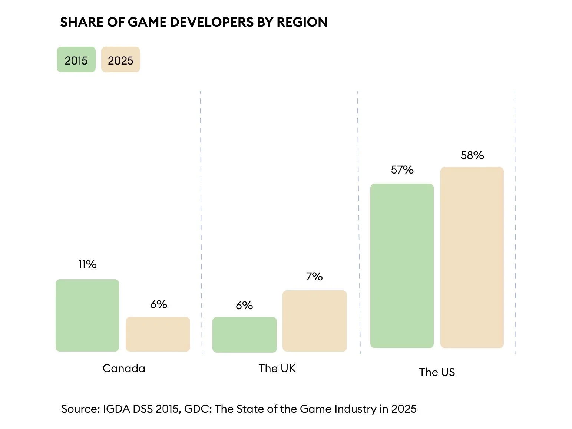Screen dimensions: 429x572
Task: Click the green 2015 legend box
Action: point(76,60)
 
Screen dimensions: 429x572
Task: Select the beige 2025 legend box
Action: point(120,60)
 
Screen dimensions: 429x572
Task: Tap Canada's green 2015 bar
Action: point(87,315)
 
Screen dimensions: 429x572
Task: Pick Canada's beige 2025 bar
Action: point(158,334)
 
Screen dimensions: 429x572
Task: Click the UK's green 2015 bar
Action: point(245,334)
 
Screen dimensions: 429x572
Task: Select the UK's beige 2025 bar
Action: point(315,321)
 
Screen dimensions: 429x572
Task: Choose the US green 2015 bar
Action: point(402,265)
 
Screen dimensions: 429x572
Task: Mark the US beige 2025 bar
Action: point(472,257)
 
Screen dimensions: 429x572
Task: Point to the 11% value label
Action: point(87,264)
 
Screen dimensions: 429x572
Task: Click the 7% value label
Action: point(314,277)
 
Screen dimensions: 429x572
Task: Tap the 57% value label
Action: point(402,170)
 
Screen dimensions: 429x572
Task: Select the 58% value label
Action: point(472,155)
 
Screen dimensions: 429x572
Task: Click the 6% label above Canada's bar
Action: point(159,304)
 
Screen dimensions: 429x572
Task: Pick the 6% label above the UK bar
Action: point(244,306)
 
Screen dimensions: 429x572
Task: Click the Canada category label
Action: point(124,368)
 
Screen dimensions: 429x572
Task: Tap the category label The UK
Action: point(277,368)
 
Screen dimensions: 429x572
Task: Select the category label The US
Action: point(437,372)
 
